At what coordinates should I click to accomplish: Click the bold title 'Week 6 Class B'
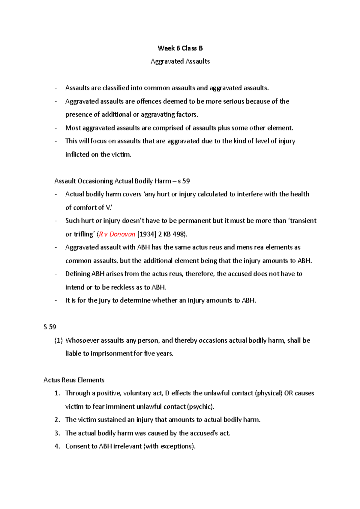[x=180, y=48]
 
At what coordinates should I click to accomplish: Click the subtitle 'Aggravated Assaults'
[x=180, y=61]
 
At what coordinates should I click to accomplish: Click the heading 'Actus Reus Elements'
[x=74, y=380]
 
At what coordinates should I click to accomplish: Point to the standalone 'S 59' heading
[x=50, y=327]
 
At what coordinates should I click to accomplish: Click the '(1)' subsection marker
[x=58, y=341]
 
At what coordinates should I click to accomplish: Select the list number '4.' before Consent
[x=57, y=446]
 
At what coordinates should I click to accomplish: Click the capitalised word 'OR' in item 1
[x=288, y=393]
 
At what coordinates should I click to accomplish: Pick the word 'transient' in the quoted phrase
[x=304, y=221]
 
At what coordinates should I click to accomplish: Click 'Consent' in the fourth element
[x=77, y=446]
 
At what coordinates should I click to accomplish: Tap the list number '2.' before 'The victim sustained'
[x=57, y=420]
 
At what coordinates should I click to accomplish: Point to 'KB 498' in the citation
[x=174, y=234]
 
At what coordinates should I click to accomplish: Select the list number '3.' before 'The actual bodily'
[x=57, y=433]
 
